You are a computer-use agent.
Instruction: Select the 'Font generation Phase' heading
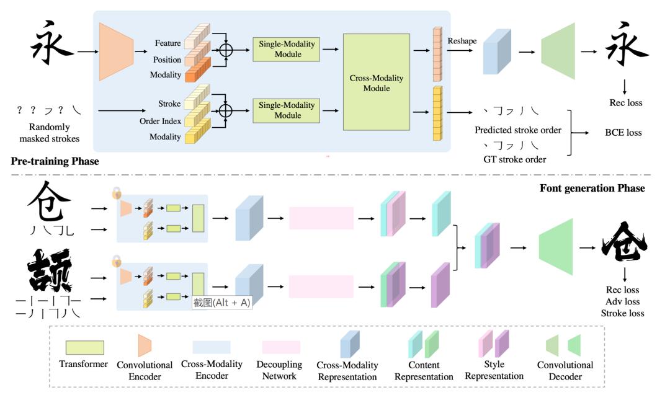click(592, 187)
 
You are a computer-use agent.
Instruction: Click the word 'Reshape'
click(462, 40)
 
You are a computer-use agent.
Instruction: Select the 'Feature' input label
click(168, 43)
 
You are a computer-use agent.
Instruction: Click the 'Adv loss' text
click(623, 301)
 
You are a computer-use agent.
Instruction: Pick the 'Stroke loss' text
click(623, 313)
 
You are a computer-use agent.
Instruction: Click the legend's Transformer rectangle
click(84, 347)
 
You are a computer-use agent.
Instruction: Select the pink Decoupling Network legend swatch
click(281, 347)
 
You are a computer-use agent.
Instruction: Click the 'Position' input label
click(166, 60)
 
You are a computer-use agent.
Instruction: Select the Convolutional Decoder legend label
click(565, 371)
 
